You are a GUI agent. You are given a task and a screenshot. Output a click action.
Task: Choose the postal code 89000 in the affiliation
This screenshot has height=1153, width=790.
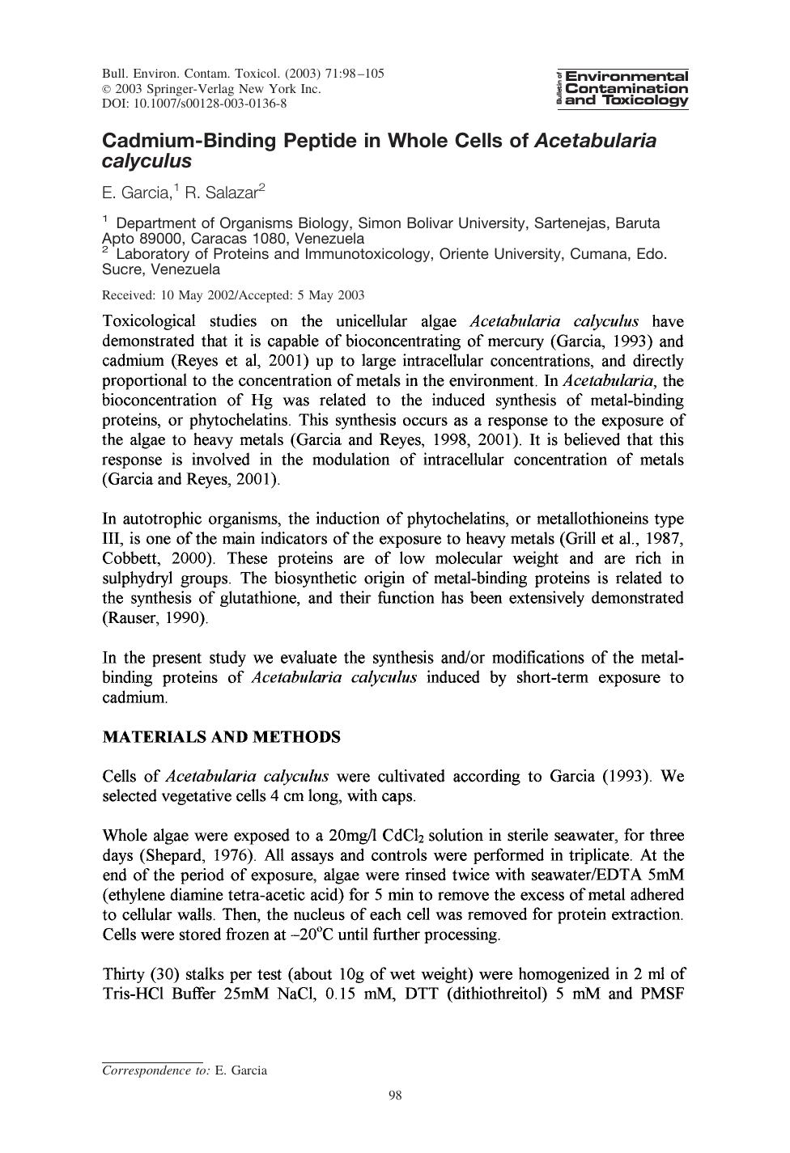pyautogui.click(x=162, y=239)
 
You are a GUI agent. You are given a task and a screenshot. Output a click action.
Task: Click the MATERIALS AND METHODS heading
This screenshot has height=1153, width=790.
pyautogui.click(x=221, y=737)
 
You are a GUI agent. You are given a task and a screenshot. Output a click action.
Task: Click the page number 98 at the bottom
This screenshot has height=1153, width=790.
pyautogui.click(x=395, y=1096)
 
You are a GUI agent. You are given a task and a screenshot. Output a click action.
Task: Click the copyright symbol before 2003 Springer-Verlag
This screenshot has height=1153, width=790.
pyautogui.click(x=107, y=89)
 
